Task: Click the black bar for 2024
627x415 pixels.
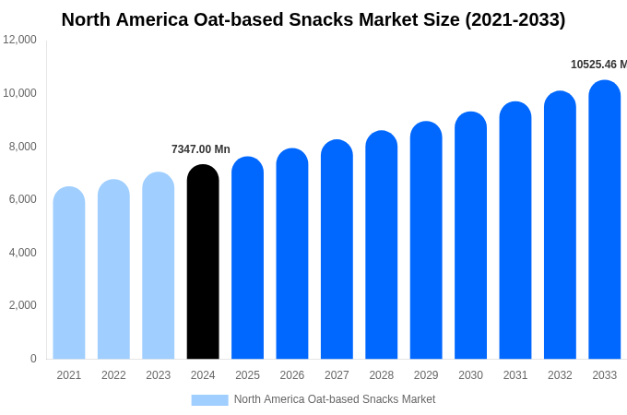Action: [203, 263]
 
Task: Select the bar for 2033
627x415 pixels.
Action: [604, 221]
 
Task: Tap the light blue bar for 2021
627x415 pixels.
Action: [69, 274]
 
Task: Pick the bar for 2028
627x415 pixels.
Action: [381, 246]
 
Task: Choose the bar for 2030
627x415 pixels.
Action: [470, 236]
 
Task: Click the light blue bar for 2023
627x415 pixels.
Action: [158, 267]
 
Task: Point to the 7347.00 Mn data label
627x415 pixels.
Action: [201, 149]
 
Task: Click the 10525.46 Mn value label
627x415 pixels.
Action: [598, 65]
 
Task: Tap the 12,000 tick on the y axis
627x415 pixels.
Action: [20, 40]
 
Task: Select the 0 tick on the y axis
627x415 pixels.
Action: [33, 359]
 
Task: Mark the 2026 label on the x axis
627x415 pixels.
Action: [292, 375]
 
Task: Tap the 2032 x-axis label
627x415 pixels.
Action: [560, 375]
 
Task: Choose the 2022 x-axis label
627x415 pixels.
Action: [113, 375]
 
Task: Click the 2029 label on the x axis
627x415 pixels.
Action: [426, 375]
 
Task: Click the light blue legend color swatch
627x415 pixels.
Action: [209, 399]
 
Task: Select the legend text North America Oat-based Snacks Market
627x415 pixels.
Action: [335, 399]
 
